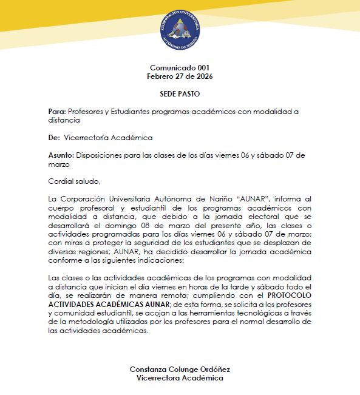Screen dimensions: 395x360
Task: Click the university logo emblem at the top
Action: tap(180, 28)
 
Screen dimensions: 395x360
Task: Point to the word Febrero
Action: tap(161, 76)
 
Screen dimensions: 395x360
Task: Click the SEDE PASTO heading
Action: tap(180, 94)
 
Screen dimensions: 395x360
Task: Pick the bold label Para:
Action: tap(57, 112)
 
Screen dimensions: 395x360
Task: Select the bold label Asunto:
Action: tap(61, 155)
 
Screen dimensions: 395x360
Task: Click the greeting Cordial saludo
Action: tap(73, 181)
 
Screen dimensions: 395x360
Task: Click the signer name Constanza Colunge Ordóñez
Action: tap(180, 370)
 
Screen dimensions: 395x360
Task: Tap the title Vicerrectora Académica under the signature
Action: tap(180, 378)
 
